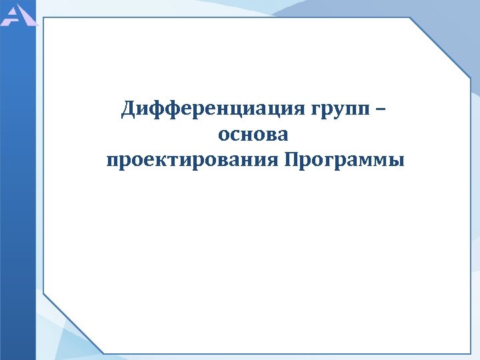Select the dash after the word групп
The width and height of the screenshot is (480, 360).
(x=380, y=108)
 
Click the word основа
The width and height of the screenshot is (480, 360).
(x=253, y=134)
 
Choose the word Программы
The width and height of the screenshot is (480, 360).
(x=343, y=161)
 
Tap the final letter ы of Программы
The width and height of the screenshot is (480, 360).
(x=397, y=161)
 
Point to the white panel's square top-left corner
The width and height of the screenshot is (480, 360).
(x=44, y=18)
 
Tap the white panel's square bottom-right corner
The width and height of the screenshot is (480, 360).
(x=470, y=352)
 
